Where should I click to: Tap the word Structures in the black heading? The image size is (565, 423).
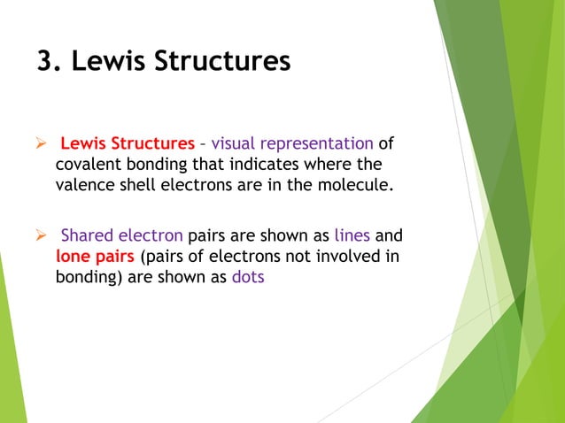pos(226,62)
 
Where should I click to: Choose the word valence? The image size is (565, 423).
pos(86,186)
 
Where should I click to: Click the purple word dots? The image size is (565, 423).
pos(248,277)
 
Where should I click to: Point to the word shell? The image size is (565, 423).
pos(140,186)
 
